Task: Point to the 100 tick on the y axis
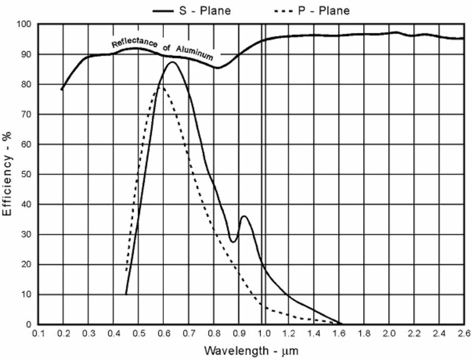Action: click(23, 25)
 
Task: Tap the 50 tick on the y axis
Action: click(26, 175)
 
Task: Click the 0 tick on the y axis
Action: click(28, 325)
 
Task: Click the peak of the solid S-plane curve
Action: click(172, 62)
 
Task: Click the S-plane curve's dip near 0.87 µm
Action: click(233, 241)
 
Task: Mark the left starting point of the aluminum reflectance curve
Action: click(62, 90)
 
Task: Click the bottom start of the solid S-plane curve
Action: click(126, 294)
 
